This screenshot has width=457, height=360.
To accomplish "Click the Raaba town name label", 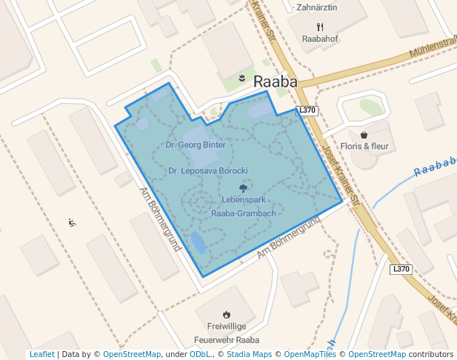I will click(x=275, y=82).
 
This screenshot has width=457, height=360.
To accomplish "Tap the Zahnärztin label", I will click(x=316, y=8).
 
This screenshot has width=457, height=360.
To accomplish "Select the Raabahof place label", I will click(x=320, y=39).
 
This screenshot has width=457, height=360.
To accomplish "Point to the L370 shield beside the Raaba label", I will click(x=307, y=110).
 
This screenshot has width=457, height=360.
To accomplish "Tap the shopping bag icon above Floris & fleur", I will click(x=364, y=135).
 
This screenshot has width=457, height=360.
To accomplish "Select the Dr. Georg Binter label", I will click(x=196, y=145).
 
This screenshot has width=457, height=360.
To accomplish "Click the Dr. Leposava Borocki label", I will click(x=207, y=171).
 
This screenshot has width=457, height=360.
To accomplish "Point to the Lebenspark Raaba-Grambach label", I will click(x=244, y=207).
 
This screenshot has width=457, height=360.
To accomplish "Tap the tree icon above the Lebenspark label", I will click(x=243, y=188).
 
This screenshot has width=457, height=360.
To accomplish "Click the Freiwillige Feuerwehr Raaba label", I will click(x=227, y=333).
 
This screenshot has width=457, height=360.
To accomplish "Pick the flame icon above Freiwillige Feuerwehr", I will click(x=226, y=314).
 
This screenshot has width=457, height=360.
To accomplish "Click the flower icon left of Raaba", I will click(x=241, y=78).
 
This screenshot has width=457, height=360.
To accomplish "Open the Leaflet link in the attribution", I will click(x=41, y=354).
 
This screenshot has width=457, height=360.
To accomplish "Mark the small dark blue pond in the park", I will click(x=199, y=242).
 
